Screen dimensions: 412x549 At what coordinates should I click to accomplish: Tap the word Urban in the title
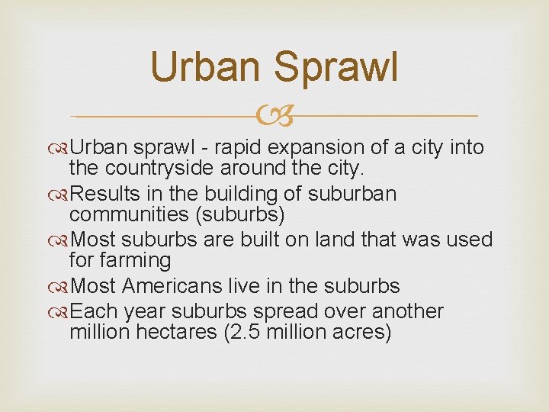pyautogui.click(x=204, y=66)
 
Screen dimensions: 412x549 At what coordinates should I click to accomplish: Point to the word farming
pyautogui.click(x=133, y=260)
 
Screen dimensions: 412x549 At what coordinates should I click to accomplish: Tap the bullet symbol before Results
pyautogui.click(x=61, y=195)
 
